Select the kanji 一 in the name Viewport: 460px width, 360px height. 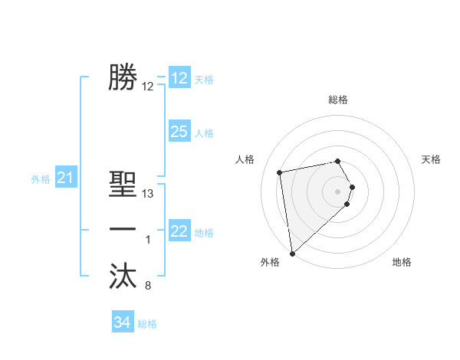pos(123,230)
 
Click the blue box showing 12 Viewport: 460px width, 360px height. pos(179,78)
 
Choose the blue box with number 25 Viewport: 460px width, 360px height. pos(179,132)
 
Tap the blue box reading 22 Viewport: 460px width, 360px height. pos(179,231)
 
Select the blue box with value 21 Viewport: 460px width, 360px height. pos(65,178)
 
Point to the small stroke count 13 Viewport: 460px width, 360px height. pos(148,194)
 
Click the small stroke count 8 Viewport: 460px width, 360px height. pos(148,286)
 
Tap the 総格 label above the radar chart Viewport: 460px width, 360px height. pos(338,100)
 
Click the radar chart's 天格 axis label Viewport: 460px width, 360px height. pos(432,159)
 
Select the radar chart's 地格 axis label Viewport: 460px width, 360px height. pos(402,262)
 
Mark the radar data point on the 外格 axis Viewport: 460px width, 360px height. pos(292,253)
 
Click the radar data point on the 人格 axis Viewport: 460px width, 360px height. pos(280,172)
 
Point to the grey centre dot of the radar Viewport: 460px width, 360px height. pos(338,190)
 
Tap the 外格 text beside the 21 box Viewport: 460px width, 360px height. pos(41,179)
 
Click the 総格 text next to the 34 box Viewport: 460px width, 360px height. pos(147,324)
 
